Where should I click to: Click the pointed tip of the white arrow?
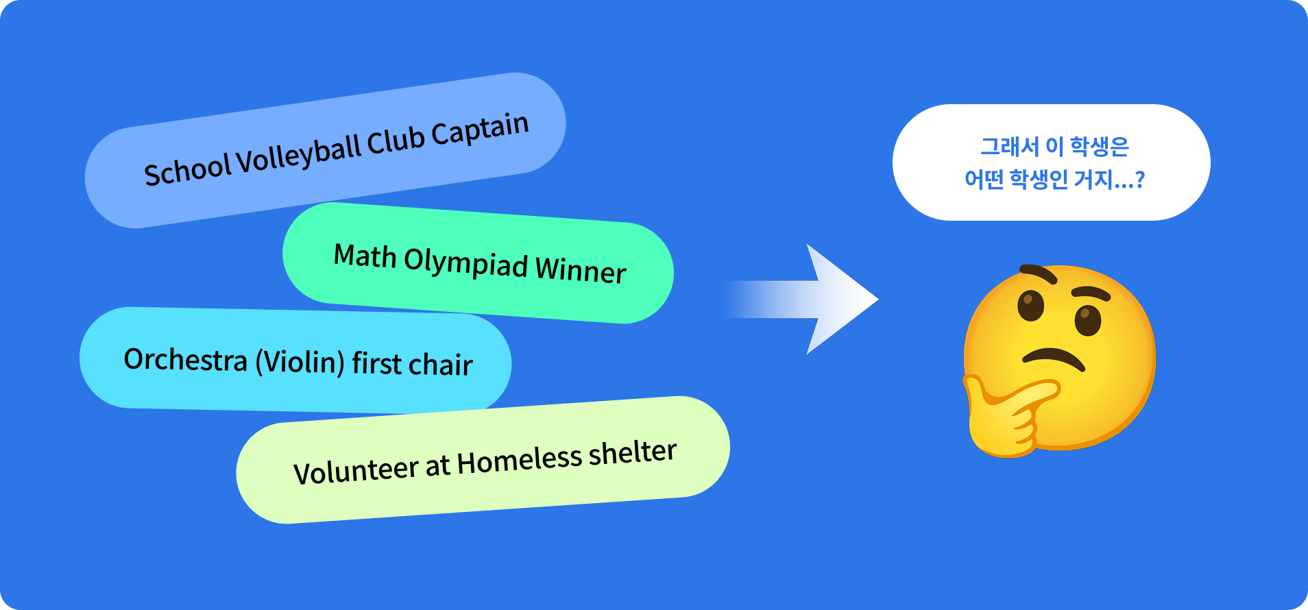click(x=878, y=299)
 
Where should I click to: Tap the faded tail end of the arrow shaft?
click(x=727, y=299)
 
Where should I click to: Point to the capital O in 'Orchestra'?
click(x=134, y=358)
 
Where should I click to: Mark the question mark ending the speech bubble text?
click(x=1139, y=180)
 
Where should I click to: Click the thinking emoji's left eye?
click(x=1030, y=306)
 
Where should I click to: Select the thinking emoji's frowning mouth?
click(x=1054, y=358)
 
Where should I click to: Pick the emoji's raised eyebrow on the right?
click(x=1090, y=293)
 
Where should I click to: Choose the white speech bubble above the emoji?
click(x=1051, y=162)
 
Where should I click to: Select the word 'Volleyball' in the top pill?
click(x=298, y=155)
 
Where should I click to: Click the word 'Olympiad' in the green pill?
click(x=466, y=263)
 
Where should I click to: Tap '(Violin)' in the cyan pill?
click(x=300, y=361)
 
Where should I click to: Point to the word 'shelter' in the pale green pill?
click(x=632, y=453)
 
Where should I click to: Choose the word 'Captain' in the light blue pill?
click(x=480, y=130)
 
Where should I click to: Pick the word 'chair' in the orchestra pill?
click(x=441, y=364)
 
